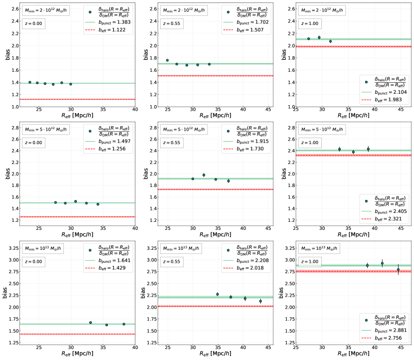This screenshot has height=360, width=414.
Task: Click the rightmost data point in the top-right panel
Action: tap(330, 41)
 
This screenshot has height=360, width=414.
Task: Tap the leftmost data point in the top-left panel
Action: tap(30, 82)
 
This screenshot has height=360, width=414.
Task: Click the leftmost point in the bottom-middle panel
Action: tap(217, 294)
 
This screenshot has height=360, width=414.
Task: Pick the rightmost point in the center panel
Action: tap(228, 180)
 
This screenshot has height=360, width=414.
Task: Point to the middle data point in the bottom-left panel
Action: tap(106, 325)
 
